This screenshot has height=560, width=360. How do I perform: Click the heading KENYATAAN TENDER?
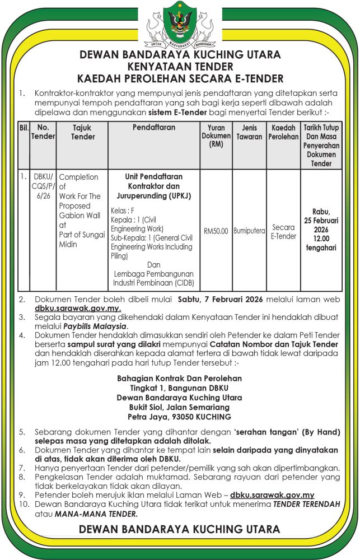pyautogui.click(x=180, y=66)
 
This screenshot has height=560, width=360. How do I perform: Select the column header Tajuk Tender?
pyautogui.click(x=83, y=132)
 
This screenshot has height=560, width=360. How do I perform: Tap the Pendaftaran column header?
pyautogui.click(x=154, y=128)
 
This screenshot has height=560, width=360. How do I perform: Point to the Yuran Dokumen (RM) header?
pyautogui.click(x=216, y=136)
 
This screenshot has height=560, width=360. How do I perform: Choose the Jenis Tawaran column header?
pyautogui.click(x=249, y=132)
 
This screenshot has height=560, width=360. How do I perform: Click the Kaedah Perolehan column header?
pyautogui.click(x=283, y=132)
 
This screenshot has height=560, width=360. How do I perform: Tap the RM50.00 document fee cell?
pyautogui.click(x=216, y=231)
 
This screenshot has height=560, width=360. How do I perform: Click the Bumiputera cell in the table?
pyautogui.click(x=249, y=231)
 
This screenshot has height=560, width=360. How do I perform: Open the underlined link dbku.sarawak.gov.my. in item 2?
pyautogui.click(x=77, y=308)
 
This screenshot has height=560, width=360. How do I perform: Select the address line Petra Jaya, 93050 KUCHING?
pyautogui.click(x=179, y=417)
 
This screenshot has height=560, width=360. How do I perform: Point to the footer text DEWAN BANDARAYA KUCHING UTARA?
pyautogui.click(x=180, y=529)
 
